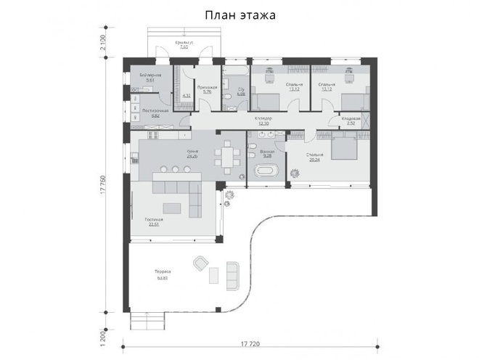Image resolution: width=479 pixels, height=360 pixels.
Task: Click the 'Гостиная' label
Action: tap(153, 220)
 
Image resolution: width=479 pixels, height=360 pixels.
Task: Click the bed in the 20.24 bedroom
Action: tap(342, 150)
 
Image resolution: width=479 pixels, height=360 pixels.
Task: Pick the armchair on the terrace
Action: tap(198, 263)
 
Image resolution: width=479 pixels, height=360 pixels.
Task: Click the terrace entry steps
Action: tap(150, 319)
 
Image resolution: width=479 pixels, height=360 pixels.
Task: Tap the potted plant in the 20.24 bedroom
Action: tap(295, 173)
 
